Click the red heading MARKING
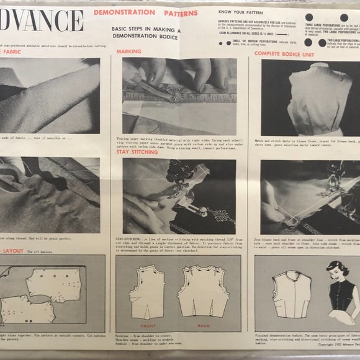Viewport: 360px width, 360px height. click(x=129, y=51)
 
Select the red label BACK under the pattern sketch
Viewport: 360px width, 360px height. click(x=203, y=325)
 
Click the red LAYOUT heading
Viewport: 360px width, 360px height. click(x=14, y=251)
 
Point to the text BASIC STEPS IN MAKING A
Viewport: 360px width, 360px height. click(x=145, y=29)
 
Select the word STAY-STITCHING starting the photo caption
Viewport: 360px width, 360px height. click(x=129, y=237)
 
